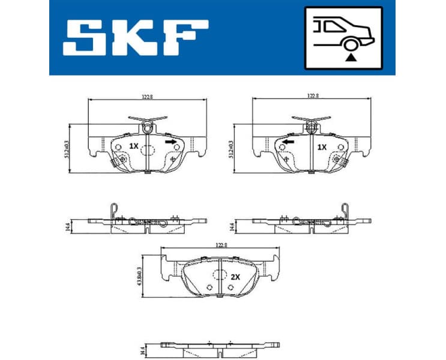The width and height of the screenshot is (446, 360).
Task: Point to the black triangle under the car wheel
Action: pyautogui.click(x=349, y=57)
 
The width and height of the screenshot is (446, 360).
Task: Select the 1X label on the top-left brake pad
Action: pyautogui.click(x=133, y=146)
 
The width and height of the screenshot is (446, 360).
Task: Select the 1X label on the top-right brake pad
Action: pyautogui.click(x=322, y=146)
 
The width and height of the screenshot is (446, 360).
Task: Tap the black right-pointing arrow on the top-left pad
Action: pyautogui.click(x=170, y=142)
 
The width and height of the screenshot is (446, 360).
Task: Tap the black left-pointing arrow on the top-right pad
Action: pyautogui.click(x=288, y=142)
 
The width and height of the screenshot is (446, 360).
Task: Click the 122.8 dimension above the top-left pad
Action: pyautogui.click(x=148, y=95)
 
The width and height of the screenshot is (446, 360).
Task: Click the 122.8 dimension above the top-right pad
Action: pyautogui.click(x=312, y=95)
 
